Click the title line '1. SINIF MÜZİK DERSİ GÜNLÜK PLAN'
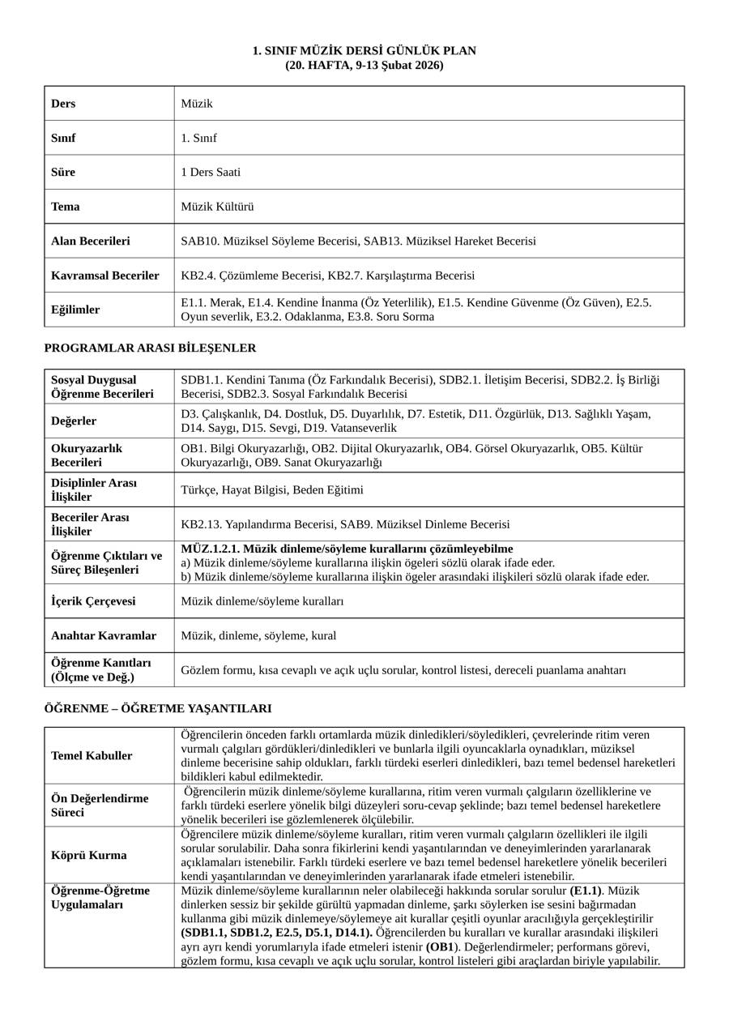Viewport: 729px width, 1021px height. click(364, 51)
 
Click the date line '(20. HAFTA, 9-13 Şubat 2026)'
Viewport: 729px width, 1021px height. click(364, 65)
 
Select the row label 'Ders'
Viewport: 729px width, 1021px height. click(63, 104)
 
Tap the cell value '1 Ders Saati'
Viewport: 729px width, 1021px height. click(211, 173)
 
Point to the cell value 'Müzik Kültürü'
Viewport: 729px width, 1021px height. click(217, 207)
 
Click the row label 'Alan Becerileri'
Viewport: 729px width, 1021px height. click(90, 241)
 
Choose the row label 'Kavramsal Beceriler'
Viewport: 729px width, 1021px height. click(104, 276)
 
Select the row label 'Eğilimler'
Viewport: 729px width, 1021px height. click(75, 310)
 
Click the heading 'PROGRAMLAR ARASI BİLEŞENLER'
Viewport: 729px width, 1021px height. click(150, 348)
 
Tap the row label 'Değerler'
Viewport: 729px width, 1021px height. click(74, 421)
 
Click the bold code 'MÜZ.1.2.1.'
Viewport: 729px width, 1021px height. click(210, 549)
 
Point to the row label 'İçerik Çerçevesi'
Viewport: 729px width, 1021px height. click(93, 601)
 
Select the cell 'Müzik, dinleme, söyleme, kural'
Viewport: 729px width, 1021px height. click(258, 636)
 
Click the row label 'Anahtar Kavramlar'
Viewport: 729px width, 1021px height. click(104, 636)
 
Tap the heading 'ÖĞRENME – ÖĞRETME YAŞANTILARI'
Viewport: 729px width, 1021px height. click(157, 709)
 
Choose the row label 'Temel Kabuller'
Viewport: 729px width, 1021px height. click(92, 756)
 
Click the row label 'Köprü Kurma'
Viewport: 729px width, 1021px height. click(87, 856)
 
